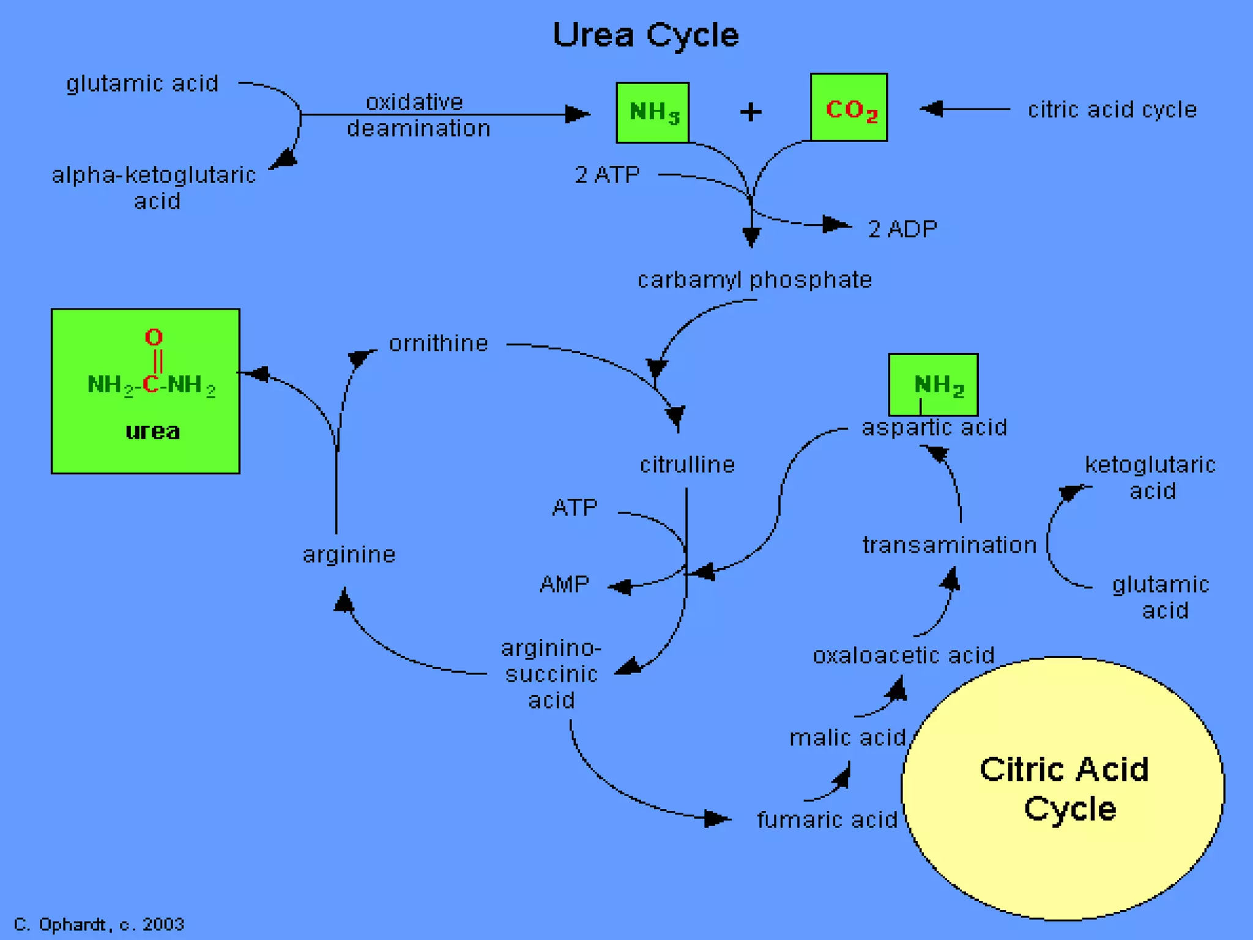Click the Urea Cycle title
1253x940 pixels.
tap(645, 35)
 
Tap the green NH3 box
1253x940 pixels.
tap(653, 113)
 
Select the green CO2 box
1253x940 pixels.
tap(849, 108)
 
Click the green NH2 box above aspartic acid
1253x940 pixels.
tap(934, 384)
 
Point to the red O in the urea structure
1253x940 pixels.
tap(154, 337)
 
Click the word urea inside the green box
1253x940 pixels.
tap(152, 431)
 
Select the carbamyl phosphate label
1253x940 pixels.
tap(754, 280)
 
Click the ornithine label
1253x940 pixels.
tap(439, 343)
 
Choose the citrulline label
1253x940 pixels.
tap(687, 464)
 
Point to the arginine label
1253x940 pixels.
tap(349, 554)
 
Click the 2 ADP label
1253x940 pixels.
tap(902, 229)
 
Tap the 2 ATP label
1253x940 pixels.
tap(607, 175)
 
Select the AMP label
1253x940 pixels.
tap(564, 584)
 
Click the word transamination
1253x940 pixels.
tap(950, 545)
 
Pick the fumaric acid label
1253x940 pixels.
tap(827, 819)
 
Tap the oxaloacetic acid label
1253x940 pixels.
tap(903, 655)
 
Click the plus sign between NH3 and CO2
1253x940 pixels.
tap(751, 112)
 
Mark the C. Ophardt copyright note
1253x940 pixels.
tap(99, 924)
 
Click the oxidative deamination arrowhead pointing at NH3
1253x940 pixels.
tap(577, 114)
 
